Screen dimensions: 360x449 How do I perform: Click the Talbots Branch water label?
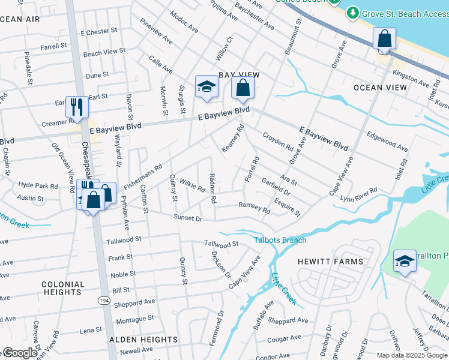click(280, 240)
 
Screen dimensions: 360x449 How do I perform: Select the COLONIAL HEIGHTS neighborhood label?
click(63, 288)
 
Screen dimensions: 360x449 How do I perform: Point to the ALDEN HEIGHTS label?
click(143, 340)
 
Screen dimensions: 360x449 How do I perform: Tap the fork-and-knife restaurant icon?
click(77, 107)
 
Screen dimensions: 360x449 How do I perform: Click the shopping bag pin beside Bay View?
click(242, 88)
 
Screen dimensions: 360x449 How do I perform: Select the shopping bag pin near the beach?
click(384, 39)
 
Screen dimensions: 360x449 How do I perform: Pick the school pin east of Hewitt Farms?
click(405, 261)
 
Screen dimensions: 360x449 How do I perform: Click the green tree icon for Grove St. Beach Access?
click(353, 13)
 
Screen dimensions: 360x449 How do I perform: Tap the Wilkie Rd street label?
click(192, 184)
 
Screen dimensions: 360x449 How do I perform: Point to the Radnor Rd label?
click(212, 187)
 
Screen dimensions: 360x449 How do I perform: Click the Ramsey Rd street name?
click(255, 207)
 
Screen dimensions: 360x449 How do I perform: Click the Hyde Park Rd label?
click(38, 185)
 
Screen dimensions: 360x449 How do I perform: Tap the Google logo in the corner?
click(19, 353)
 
